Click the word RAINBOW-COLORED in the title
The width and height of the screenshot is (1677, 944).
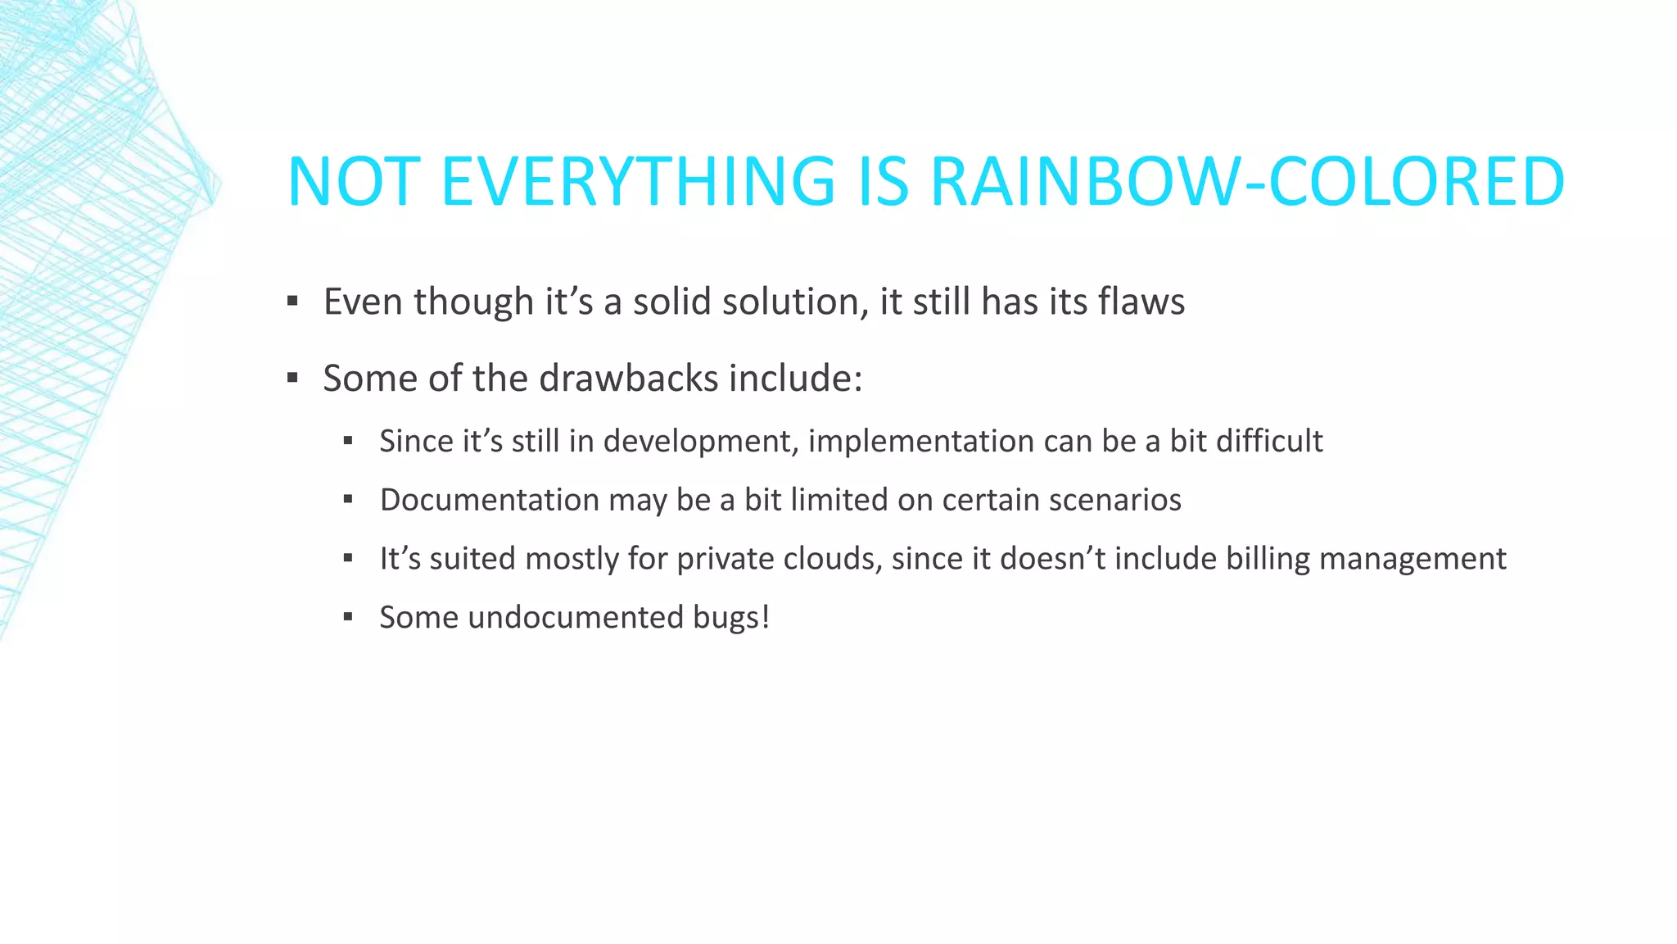tap(1247, 181)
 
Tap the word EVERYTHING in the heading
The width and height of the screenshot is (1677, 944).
tap(638, 181)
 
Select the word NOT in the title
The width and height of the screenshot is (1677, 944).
tap(354, 181)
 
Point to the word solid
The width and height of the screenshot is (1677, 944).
tap(671, 302)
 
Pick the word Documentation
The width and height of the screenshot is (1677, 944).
tap(489, 500)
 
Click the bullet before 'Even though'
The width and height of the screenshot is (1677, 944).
tap(292, 302)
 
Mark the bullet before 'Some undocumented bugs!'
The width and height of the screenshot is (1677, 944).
tap(348, 617)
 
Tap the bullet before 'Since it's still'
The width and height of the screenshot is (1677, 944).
tap(348, 441)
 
